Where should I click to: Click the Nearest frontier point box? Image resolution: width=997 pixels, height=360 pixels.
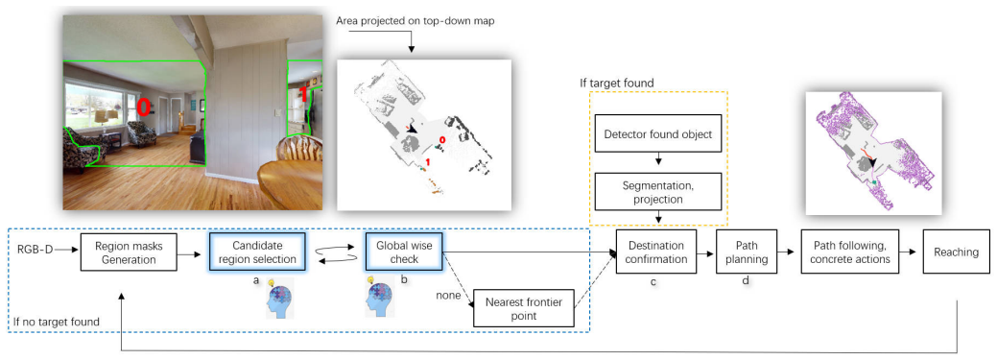pyautogui.click(x=524, y=308)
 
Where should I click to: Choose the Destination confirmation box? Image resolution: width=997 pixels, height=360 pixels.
pyautogui.click(x=656, y=252)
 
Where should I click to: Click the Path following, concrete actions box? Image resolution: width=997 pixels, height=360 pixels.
pyautogui.click(x=853, y=252)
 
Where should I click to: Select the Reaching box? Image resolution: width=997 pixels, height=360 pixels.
pyautogui.click(x=956, y=252)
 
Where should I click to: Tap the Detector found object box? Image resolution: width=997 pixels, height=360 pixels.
pyautogui.click(x=658, y=134)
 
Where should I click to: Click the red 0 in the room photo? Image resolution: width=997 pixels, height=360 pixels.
pyautogui.click(x=144, y=107)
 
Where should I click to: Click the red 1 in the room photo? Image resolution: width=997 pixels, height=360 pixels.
pyautogui.click(x=304, y=93)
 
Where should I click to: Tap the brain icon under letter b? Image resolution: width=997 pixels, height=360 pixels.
pyautogui.click(x=381, y=298)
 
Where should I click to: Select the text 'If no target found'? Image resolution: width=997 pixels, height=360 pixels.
pyautogui.click(x=57, y=322)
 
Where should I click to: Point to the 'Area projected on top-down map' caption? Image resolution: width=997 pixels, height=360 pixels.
pyautogui.click(x=415, y=21)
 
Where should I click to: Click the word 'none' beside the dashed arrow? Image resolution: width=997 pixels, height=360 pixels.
pyautogui.click(x=447, y=295)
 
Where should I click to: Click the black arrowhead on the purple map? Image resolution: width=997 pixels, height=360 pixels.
pyautogui.click(x=872, y=163)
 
